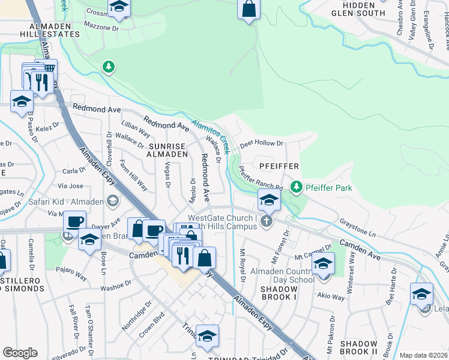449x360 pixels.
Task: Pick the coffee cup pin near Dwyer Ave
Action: tap(75, 221)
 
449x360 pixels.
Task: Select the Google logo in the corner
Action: tap(20, 353)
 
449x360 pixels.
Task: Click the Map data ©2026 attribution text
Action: tap(423, 355)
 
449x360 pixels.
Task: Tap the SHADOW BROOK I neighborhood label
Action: tap(278, 292)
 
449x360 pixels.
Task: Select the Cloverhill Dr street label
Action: tap(109, 148)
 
